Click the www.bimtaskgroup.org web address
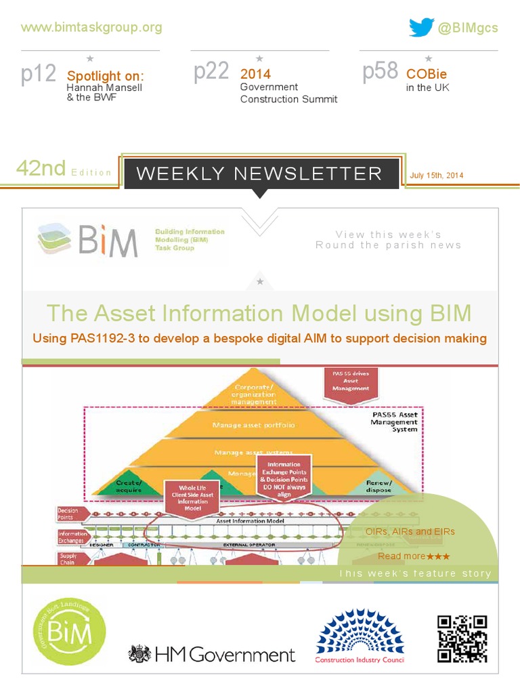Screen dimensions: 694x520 (91, 27)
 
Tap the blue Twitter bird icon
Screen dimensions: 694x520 (421, 27)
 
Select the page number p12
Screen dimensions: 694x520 (39, 74)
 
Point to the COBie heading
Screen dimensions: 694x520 (426, 74)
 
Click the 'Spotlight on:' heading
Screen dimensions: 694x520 (105, 75)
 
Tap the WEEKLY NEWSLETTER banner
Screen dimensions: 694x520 (259, 173)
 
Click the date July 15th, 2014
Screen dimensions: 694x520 (437, 176)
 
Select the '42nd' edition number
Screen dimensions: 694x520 (41, 168)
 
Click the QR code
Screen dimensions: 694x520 (462, 639)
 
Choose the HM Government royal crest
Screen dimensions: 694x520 (140, 654)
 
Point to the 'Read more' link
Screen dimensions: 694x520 (402, 556)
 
